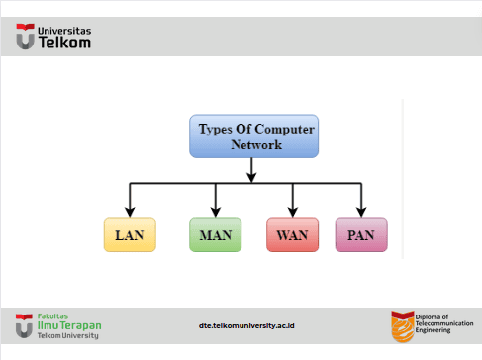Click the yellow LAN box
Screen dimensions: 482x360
130,234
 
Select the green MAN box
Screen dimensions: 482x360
216,234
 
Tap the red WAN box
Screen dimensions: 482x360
293,234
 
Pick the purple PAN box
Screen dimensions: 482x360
361,234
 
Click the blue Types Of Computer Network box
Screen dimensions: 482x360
254,136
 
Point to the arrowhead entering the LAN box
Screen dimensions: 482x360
130,212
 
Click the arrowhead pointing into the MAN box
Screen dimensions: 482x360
216,212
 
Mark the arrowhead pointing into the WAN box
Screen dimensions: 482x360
293,212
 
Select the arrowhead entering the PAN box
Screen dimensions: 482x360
361,212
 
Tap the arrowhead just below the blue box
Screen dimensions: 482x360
251,177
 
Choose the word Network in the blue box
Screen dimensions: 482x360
256,145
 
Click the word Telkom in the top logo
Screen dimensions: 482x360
64,43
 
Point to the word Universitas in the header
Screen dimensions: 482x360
64,31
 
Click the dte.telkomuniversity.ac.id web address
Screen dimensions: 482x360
246,326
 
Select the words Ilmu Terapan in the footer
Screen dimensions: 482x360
69,325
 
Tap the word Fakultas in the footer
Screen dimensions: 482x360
52,316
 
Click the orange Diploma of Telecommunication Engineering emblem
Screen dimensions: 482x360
403,326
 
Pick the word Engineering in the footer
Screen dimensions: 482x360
433,330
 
